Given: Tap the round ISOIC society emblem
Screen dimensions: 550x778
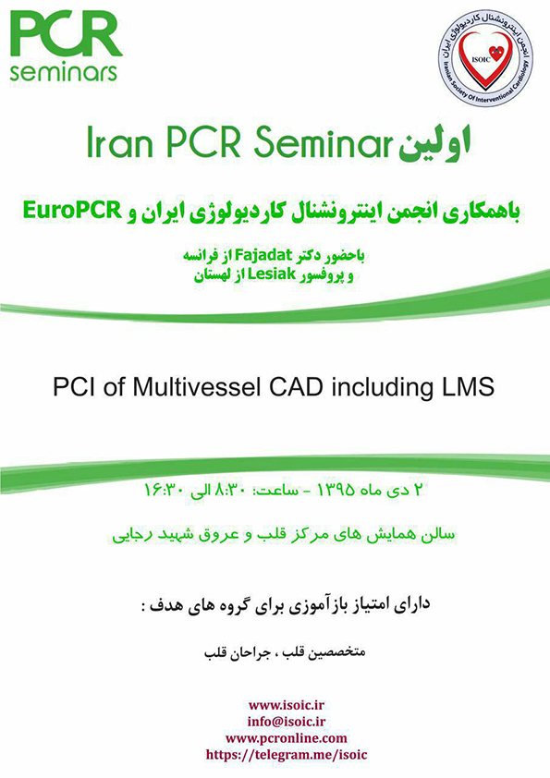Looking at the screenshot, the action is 485,58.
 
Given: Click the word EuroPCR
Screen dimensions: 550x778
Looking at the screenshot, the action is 72,212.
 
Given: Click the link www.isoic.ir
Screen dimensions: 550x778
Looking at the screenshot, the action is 287,705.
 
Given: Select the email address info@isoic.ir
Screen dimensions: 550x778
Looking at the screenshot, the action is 287,722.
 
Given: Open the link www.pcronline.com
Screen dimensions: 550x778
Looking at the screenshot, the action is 287,738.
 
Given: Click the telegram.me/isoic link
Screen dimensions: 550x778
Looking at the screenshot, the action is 287,755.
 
